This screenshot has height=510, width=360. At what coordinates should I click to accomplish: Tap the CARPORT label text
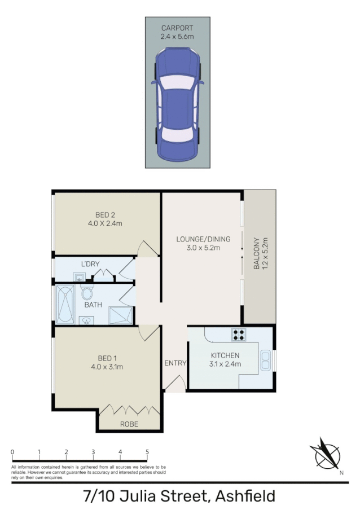pos(177,28)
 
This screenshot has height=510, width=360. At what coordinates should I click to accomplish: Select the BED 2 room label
pos(105,214)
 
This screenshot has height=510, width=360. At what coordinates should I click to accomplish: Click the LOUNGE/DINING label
pos(202,239)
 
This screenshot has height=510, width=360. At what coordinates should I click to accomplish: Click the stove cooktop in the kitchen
pos(239,335)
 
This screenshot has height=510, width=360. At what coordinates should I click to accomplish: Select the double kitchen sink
pos(265,360)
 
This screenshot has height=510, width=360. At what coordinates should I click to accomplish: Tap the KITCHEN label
pos(225,355)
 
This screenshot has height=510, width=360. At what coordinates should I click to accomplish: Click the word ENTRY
pos(175,363)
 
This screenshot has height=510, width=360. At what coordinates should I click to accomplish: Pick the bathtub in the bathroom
pos(67,304)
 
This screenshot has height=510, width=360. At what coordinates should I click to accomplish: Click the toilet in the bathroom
pos(87,293)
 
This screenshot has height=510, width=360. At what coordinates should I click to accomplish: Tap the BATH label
pos(93,305)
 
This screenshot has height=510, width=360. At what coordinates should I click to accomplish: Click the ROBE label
pos(129,424)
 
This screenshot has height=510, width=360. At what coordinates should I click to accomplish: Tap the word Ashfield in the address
pos(244,496)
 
